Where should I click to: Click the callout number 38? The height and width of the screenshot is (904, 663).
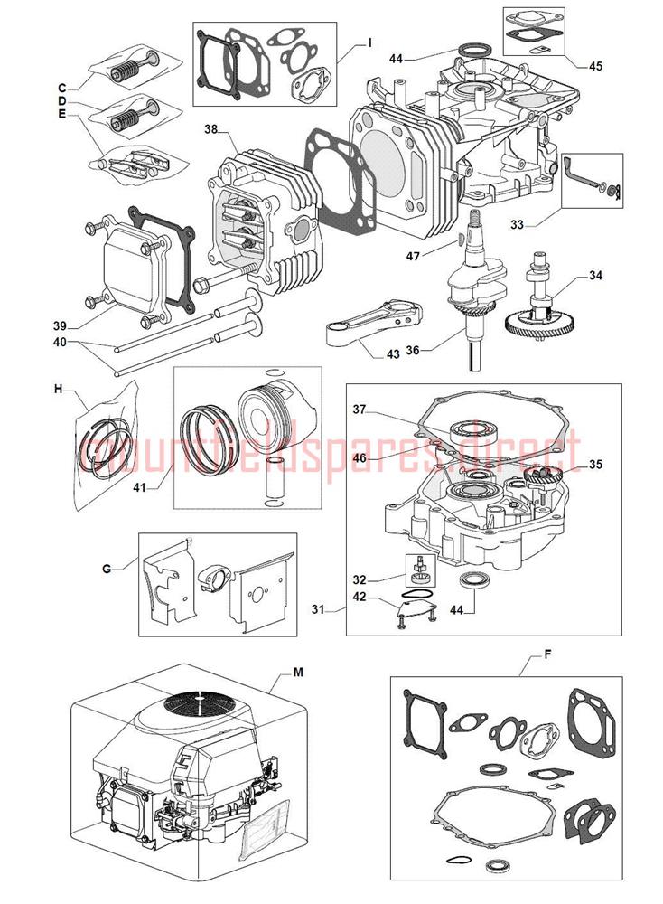tap(210, 129)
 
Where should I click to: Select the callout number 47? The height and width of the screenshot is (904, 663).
tap(413, 256)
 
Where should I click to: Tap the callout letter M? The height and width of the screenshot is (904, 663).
tap(298, 673)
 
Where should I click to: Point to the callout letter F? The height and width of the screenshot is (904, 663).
tap(547, 654)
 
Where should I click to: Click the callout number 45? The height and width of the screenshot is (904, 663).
tap(595, 66)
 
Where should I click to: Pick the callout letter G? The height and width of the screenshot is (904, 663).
tap(106, 569)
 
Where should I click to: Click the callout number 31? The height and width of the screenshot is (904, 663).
tap(318, 608)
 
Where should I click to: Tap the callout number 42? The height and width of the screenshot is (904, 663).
tap(359, 597)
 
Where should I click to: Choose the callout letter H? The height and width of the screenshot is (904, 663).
tap(58, 389)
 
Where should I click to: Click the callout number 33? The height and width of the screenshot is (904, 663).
tap(517, 224)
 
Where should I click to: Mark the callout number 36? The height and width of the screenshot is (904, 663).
tap(413, 350)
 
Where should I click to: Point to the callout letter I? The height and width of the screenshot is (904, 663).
tap(369, 42)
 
